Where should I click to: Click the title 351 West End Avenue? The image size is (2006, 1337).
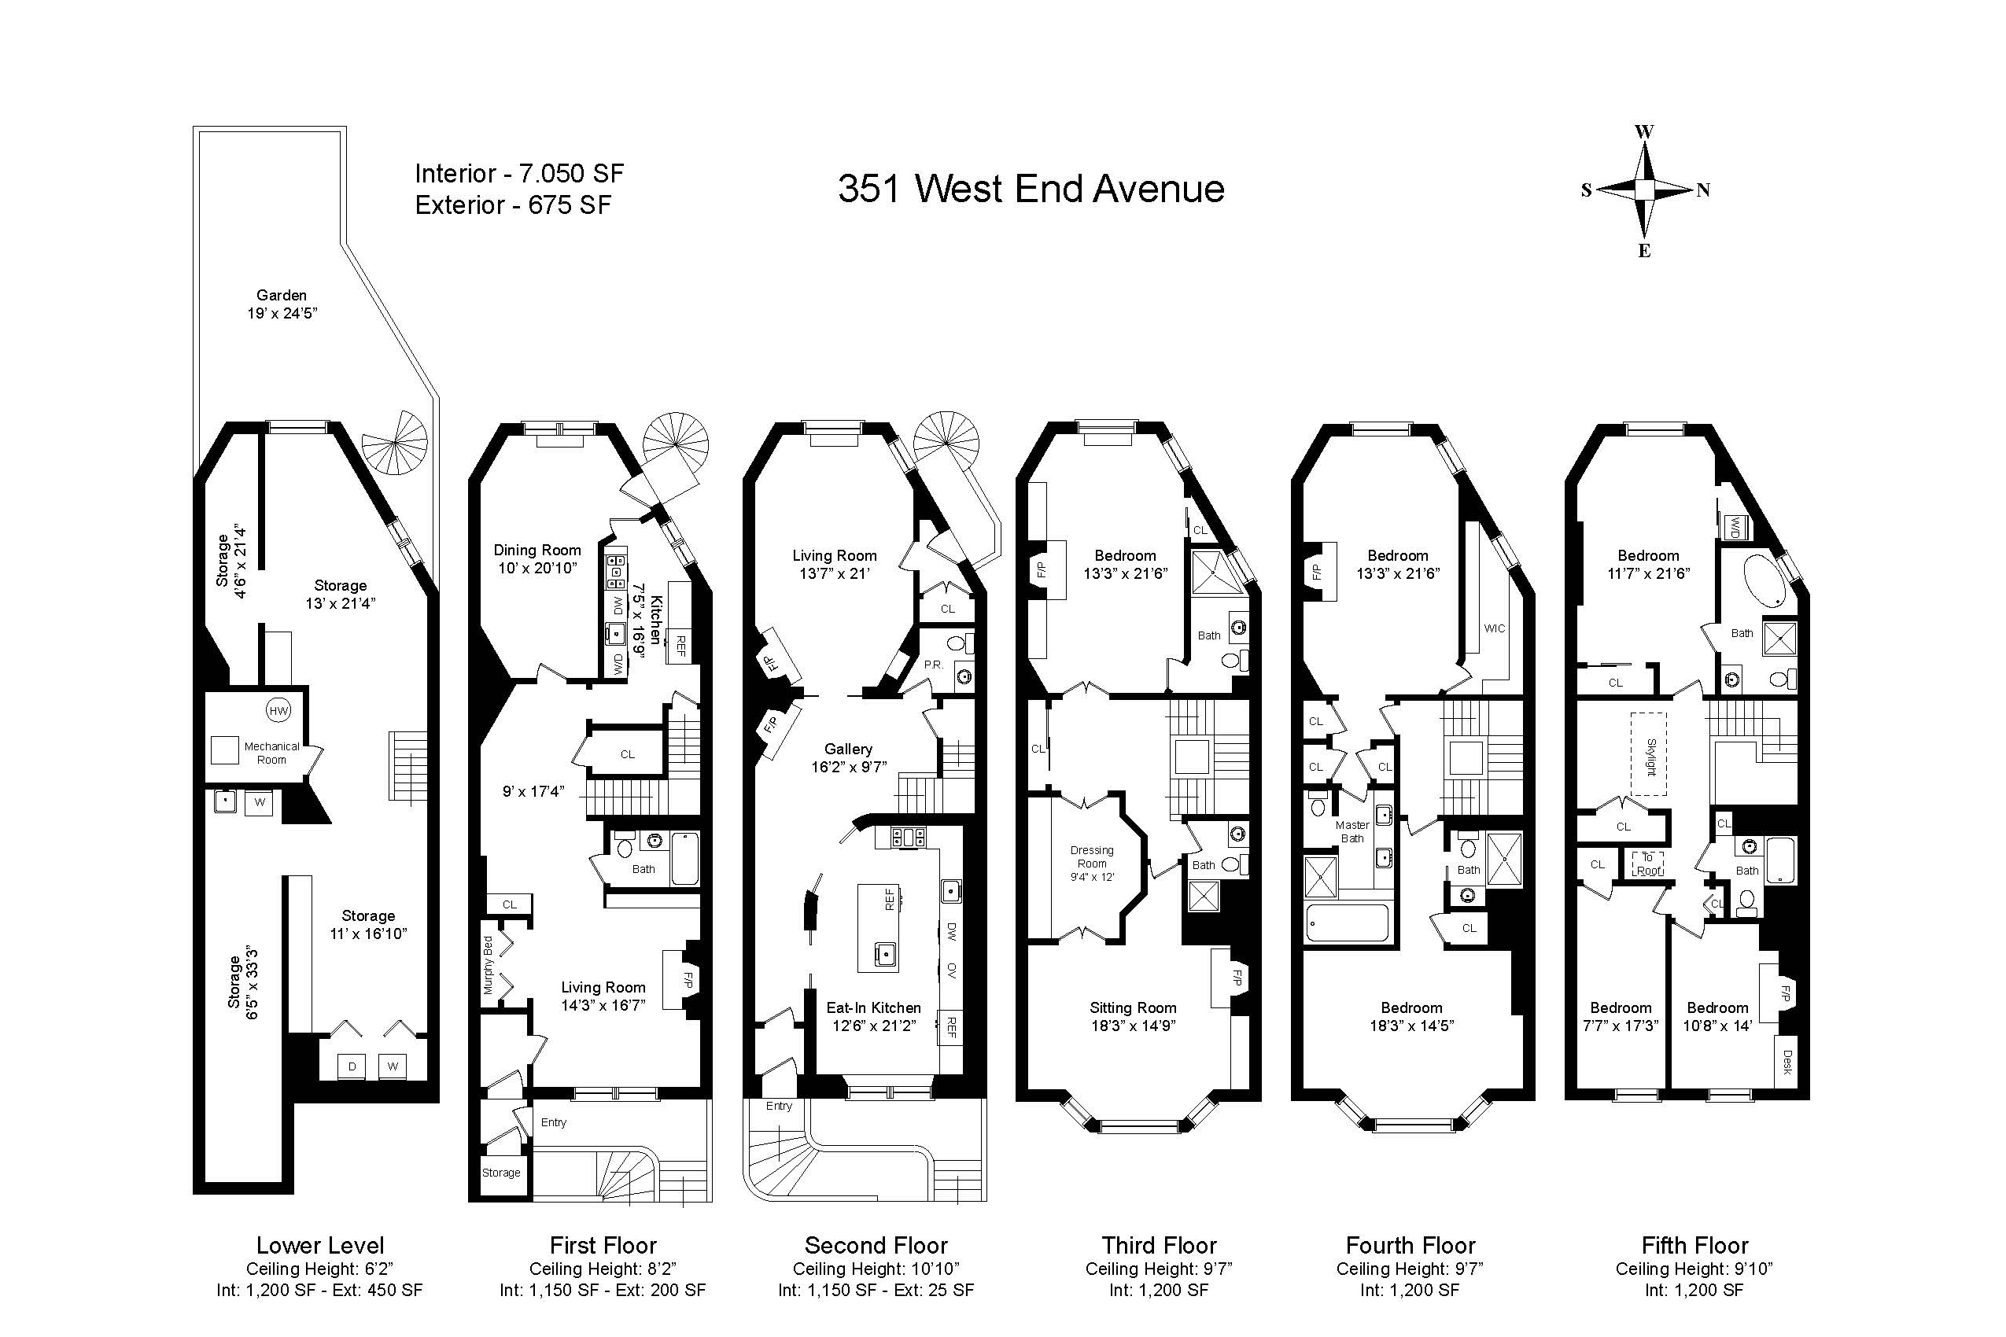click(1031, 189)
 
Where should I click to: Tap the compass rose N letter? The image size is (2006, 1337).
click(1702, 191)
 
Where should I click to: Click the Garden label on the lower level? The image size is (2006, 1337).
click(282, 295)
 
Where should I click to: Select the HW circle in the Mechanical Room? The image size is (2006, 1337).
click(278, 710)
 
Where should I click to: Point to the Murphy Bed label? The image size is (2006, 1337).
click(489, 965)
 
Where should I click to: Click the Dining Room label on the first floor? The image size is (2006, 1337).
click(537, 550)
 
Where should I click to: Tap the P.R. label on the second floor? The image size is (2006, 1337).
click(933, 663)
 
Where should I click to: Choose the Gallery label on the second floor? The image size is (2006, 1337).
click(848, 749)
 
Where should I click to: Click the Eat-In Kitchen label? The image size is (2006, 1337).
click(873, 1007)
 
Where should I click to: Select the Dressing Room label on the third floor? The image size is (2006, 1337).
click(1092, 856)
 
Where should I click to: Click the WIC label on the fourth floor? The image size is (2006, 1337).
click(1494, 628)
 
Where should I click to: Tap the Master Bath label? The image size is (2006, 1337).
click(1351, 831)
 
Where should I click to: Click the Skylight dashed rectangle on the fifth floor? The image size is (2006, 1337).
click(1649, 753)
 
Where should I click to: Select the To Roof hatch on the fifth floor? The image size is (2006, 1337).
click(1648, 864)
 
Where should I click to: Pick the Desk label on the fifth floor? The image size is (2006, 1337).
click(1787, 1062)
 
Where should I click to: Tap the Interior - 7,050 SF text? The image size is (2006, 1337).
click(519, 174)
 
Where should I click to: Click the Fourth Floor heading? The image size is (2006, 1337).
click(1410, 1245)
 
